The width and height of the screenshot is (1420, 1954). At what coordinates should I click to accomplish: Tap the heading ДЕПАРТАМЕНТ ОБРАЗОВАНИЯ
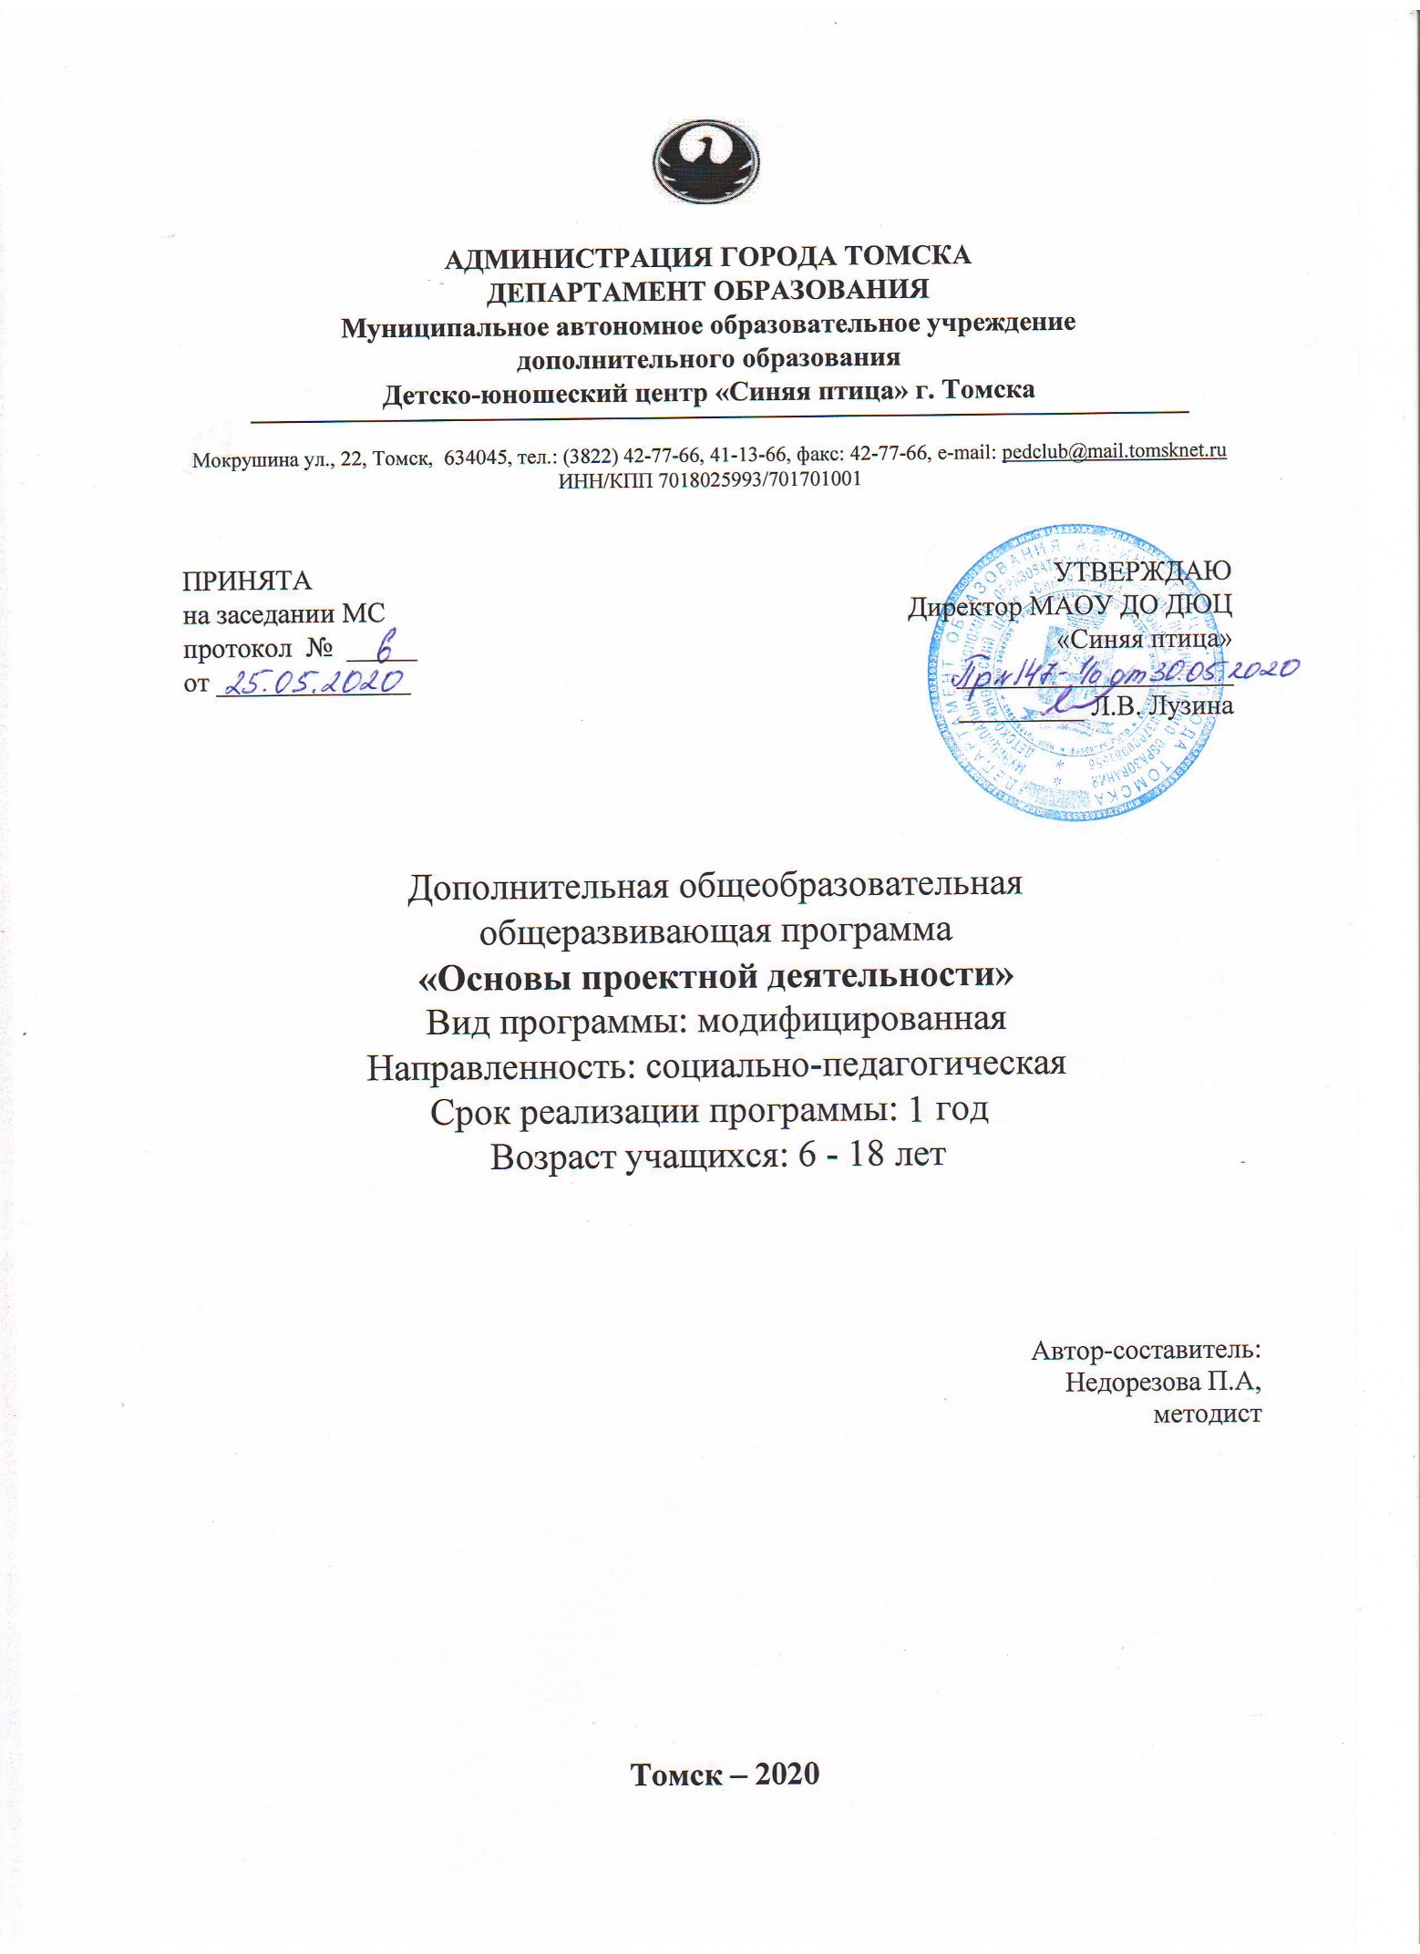(708, 291)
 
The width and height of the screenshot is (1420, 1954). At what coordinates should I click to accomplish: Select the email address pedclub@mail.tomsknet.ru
(1114, 450)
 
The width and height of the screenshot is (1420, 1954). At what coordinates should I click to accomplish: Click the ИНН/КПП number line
(709, 479)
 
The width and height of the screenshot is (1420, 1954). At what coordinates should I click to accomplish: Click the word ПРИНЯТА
(247, 581)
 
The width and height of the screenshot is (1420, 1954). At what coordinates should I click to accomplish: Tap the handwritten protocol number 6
(384, 648)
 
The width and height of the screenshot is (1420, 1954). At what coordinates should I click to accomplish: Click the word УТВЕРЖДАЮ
(1142, 571)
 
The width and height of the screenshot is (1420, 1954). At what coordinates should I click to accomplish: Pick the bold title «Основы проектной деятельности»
(715, 976)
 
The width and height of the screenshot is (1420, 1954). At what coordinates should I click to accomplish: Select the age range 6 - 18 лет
(849, 1156)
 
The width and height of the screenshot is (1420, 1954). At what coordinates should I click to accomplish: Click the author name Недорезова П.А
(1163, 1383)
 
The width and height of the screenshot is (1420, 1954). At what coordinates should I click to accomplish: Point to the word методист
(1207, 1414)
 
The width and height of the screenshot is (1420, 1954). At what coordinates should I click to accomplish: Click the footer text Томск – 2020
(725, 1774)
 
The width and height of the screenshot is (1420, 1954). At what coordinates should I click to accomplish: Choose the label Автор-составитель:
(1146, 1350)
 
